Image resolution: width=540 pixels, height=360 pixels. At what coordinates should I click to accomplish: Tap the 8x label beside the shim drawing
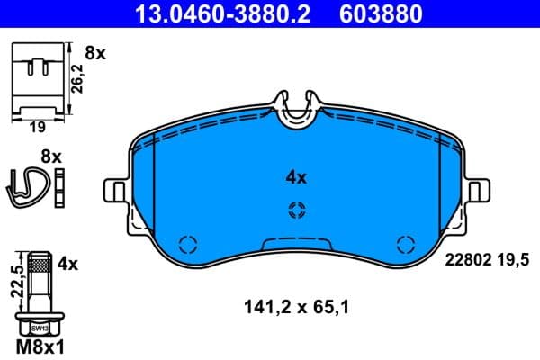pos(94,54)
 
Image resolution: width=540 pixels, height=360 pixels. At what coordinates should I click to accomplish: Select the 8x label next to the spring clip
pos(51,157)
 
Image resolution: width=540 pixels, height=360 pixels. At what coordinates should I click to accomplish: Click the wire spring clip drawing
pos(30,184)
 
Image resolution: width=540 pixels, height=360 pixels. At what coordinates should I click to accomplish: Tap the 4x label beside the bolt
pos(68,265)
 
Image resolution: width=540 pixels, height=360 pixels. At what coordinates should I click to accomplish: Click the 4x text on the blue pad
pos(296,178)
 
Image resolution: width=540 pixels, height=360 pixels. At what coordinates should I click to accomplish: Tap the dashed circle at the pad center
pos(296,211)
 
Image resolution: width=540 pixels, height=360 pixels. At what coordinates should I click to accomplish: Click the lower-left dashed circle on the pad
pos(188,244)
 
